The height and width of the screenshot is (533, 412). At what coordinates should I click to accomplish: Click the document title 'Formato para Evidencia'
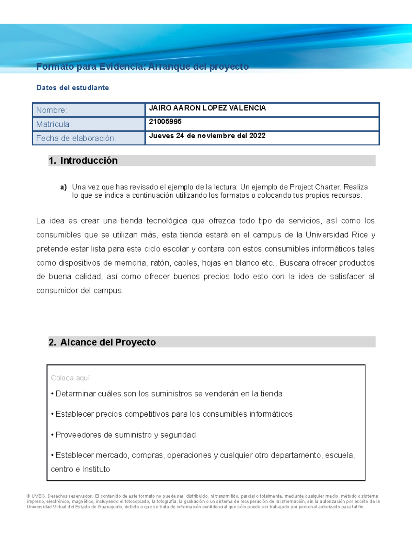click(142, 67)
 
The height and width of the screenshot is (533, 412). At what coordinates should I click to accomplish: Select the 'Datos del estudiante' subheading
click(72, 88)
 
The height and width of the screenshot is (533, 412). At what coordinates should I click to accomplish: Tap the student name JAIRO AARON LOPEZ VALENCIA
click(207, 108)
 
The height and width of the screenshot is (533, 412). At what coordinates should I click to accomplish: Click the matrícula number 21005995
click(165, 122)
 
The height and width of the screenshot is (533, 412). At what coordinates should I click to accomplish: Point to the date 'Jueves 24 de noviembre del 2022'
click(207, 136)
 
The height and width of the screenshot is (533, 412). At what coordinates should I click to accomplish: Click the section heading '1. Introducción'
click(83, 161)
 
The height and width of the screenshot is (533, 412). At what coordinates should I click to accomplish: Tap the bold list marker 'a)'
click(63, 187)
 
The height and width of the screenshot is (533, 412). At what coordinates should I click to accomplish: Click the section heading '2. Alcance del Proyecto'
click(102, 342)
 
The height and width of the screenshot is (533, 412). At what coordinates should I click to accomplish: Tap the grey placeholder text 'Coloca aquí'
click(70, 378)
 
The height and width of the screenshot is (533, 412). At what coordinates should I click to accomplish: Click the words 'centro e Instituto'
click(80, 469)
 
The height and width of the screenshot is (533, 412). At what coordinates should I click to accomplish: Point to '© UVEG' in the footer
click(36, 496)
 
